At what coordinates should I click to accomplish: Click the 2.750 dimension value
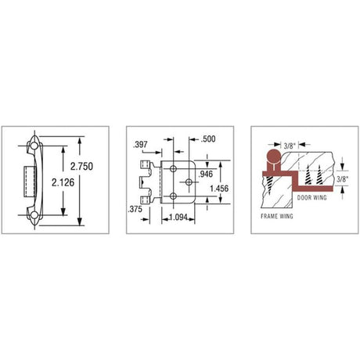tap(81, 166)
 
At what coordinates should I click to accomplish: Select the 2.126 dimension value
tap(63, 182)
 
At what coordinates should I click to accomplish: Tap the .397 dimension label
tap(140, 144)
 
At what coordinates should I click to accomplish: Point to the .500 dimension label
tap(208, 139)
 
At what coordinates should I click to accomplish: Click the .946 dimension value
tap(206, 174)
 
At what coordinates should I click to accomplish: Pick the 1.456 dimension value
tap(219, 189)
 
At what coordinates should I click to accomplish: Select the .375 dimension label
tap(135, 209)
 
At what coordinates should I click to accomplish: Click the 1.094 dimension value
tap(178, 217)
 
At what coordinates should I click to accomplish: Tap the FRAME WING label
tap(277, 216)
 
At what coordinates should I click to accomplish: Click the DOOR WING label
tap(312, 197)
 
